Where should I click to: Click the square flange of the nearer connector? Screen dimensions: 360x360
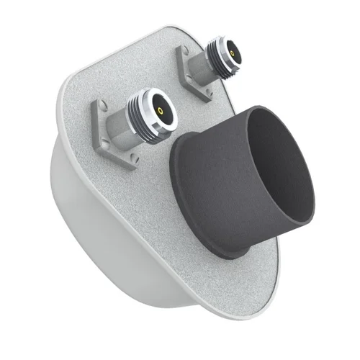coord(108,137)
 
